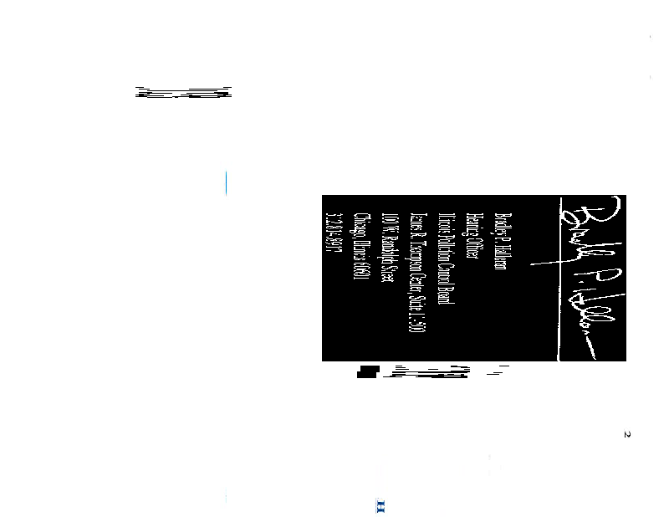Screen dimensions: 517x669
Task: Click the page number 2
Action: tap(627, 434)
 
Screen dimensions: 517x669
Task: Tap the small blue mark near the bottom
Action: tap(380, 506)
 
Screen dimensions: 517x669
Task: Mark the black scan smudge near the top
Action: tap(184, 92)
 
